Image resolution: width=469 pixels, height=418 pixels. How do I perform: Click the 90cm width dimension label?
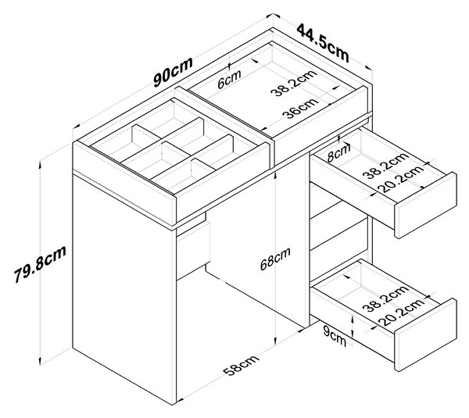click(174, 72)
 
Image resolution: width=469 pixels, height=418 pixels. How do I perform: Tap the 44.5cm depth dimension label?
click(323, 43)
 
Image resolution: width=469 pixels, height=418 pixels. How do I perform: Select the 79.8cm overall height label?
click(40, 264)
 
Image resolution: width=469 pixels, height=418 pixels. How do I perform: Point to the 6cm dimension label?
click(229, 79)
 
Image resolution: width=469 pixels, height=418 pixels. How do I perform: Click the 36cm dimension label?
click(300, 108)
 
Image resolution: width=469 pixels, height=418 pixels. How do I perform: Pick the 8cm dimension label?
click(338, 152)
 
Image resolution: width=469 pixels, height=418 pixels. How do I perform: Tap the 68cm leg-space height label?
click(275, 259)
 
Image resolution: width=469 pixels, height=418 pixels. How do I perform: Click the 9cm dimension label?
click(335, 337)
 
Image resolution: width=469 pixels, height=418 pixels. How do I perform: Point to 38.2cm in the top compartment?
click(293, 83)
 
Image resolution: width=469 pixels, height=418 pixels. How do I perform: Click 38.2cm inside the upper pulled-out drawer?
click(385, 166)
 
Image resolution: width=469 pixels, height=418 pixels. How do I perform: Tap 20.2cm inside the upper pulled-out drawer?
click(401, 179)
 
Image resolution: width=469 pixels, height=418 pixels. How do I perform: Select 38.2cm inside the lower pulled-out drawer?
click(385, 298)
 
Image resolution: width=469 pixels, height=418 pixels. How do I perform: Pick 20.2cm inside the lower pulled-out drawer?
click(401, 312)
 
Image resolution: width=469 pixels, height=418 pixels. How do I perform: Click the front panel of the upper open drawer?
click(426, 205)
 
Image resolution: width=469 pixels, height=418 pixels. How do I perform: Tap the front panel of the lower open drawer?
click(426, 335)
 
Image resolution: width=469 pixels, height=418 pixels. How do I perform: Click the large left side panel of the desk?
click(124, 288)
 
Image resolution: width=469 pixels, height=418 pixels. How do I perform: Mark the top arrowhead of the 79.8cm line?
click(40, 164)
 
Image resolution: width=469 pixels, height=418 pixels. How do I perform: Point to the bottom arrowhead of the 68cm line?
click(275, 341)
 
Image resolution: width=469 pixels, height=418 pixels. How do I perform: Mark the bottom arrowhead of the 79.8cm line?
click(40, 361)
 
